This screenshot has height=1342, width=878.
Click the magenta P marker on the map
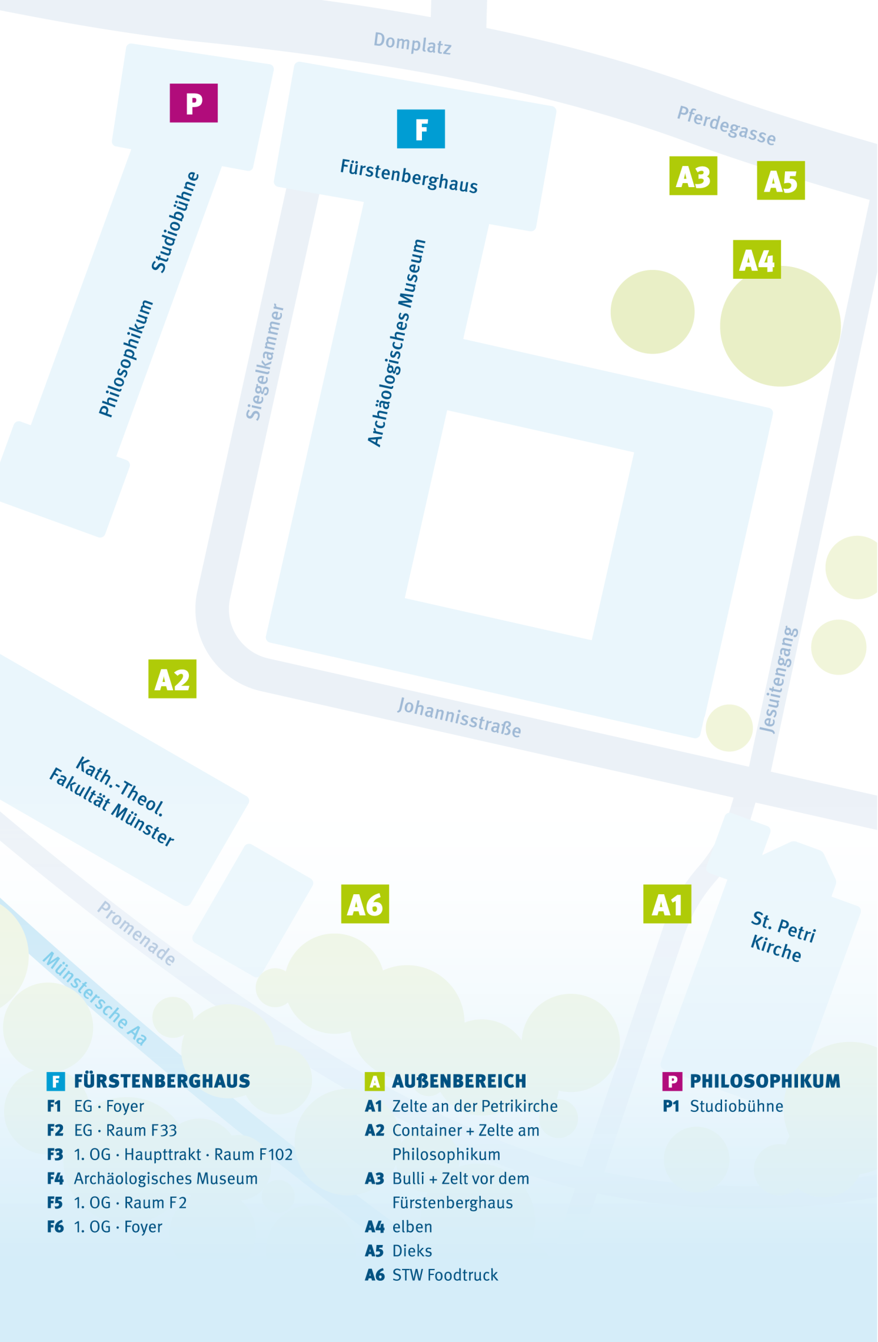pyautogui.click(x=194, y=103)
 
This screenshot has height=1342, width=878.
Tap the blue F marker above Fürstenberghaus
pyautogui.click(x=421, y=129)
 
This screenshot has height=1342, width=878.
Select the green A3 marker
pyautogui.click(x=693, y=176)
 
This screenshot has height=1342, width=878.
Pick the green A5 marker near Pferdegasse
pyautogui.click(x=780, y=181)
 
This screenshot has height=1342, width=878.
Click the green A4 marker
pyautogui.click(x=757, y=259)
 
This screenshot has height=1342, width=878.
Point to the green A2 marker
pyautogui.click(x=172, y=679)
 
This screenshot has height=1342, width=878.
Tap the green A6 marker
pyautogui.click(x=365, y=904)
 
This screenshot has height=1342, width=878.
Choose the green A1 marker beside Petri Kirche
pyautogui.click(x=667, y=904)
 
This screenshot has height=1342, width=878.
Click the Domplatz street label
pyautogui.click(x=413, y=43)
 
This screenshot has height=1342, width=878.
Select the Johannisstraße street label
pyautogui.click(x=459, y=717)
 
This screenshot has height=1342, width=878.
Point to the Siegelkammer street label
pyautogui.click(x=265, y=362)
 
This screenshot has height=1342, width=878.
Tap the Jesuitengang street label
pyautogui.click(x=779, y=680)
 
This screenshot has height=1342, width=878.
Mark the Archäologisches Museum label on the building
pyautogui.click(x=396, y=343)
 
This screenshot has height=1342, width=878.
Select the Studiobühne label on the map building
pyautogui.click(x=175, y=222)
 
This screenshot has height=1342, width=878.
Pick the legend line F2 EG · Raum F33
pyautogui.click(x=112, y=1130)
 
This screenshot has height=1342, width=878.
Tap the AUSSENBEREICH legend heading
pyautogui.click(x=459, y=1081)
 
